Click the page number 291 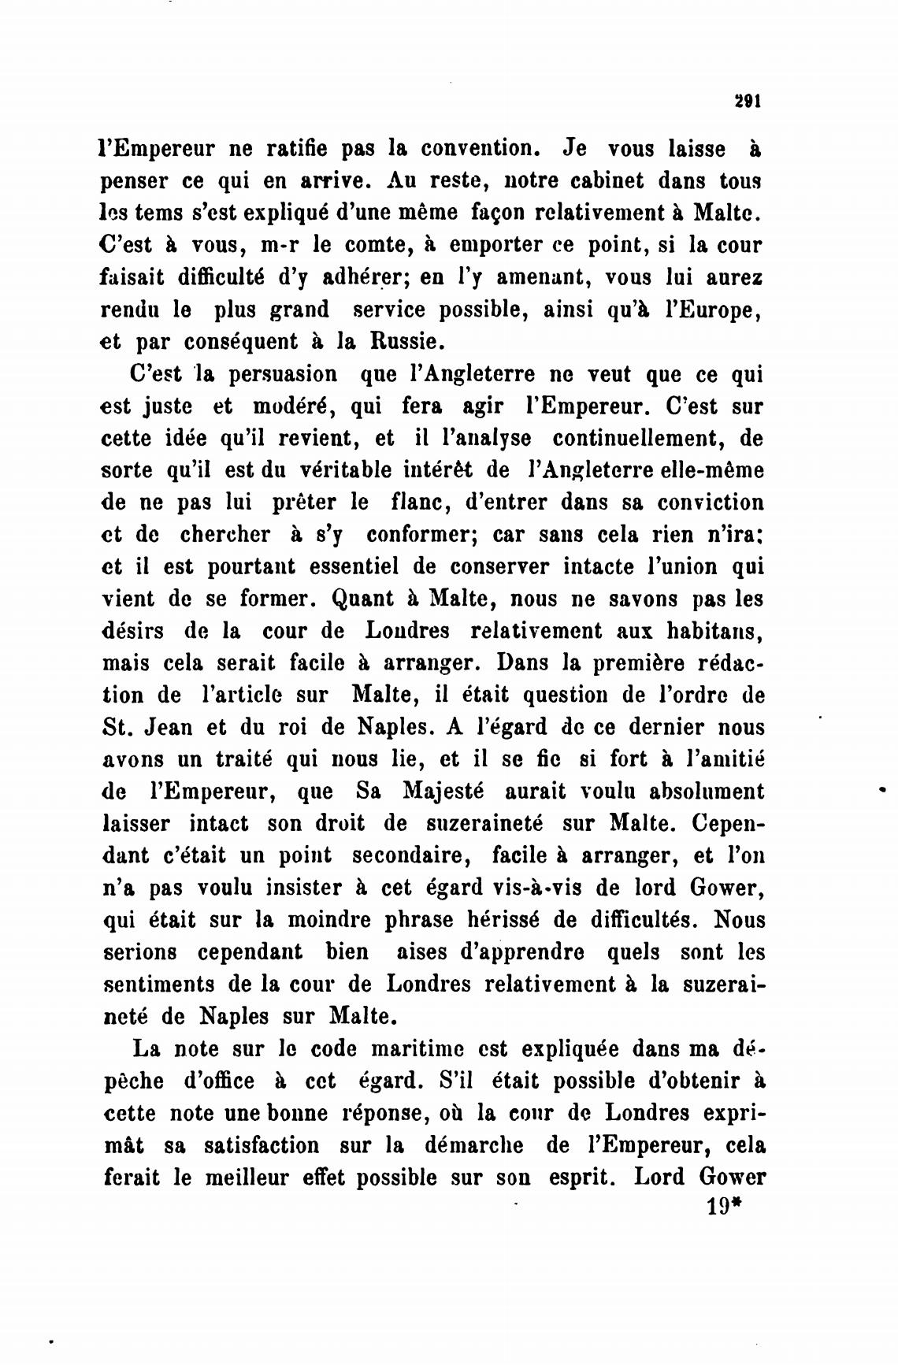click(x=745, y=102)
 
